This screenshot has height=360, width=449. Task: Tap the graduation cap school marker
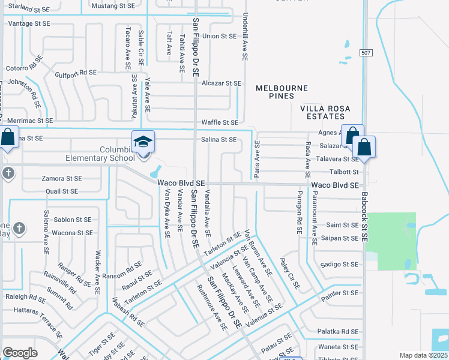[143, 142]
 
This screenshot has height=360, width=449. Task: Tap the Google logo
[20, 353]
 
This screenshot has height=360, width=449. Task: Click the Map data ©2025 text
[423, 355]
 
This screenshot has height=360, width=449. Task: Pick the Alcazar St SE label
[221, 83]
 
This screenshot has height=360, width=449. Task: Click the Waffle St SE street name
[219, 122]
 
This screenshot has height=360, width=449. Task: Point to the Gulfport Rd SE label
[75, 73]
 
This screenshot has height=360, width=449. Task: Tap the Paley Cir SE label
[291, 274]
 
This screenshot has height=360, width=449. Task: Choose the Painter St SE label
[339, 293]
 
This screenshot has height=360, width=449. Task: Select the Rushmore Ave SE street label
[212, 307]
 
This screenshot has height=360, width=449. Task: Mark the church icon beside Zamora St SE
[7, 173]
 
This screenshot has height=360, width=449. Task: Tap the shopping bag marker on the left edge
[7, 137]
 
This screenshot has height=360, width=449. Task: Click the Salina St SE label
[218, 139]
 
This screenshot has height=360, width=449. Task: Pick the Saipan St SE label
[342, 238]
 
